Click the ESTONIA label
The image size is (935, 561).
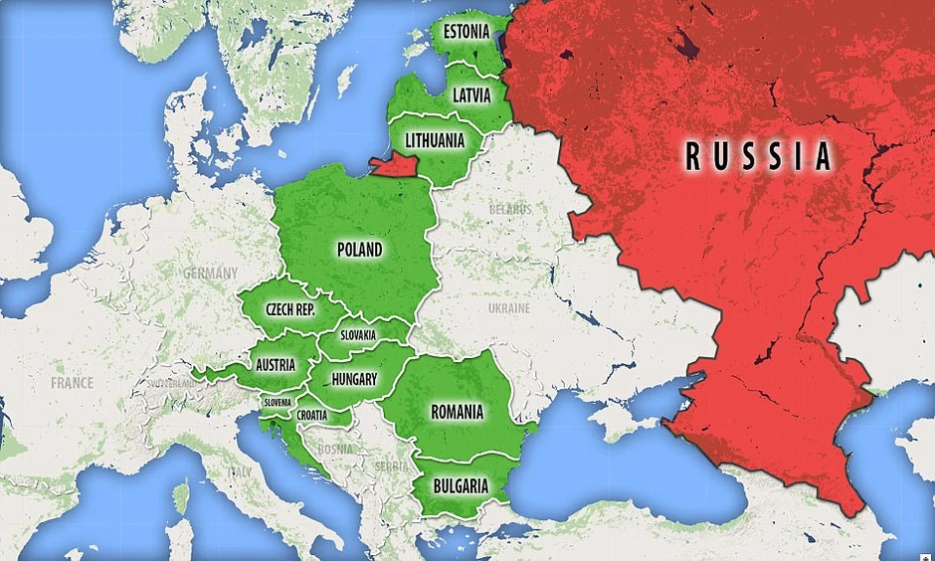click(x=467, y=31)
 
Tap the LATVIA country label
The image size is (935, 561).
click(x=470, y=96)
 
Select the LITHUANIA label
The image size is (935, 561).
click(x=428, y=140)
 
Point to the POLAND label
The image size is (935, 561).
click(x=360, y=250)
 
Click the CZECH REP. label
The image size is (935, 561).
click(x=289, y=310)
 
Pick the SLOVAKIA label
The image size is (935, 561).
click(x=357, y=335)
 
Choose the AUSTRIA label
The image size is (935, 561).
click(x=275, y=365)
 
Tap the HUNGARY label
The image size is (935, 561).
click(x=354, y=379)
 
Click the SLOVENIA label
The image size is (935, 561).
click(x=278, y=402)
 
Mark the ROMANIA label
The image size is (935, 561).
click(x=457, y=411)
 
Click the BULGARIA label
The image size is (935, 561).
click(x=461, y=486)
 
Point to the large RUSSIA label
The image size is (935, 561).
click(x=759, y=156)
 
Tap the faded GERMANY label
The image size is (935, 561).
click(x=210, y=273)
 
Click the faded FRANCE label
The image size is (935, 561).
click(x=73, y=382)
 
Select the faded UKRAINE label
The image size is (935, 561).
click(x=508, y=309)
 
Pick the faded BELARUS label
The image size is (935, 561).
click(x=509, y=210)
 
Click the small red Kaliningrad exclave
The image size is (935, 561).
click(x=396, y=165)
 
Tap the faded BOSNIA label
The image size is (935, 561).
click(x=336, y=450)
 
